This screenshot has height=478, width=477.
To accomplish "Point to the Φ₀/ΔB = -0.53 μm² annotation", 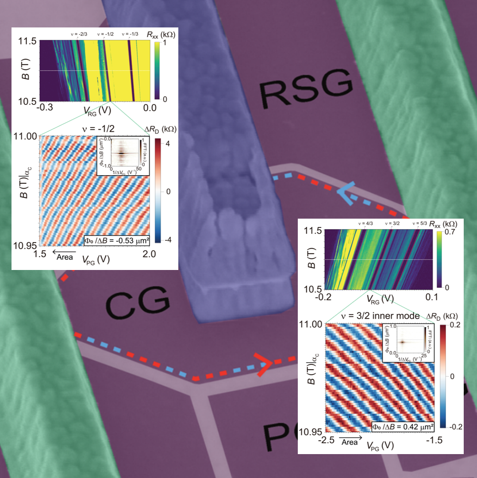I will pyautogui.click(x=116, y=241).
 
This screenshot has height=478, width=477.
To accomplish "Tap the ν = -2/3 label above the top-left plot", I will pyautogui.click(x=77, y=34).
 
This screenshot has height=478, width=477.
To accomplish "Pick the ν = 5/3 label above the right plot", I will pyautogui.click(x=416, y=224).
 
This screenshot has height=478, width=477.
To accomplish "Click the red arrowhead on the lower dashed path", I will pyautogui.click(x=265, y=364).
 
